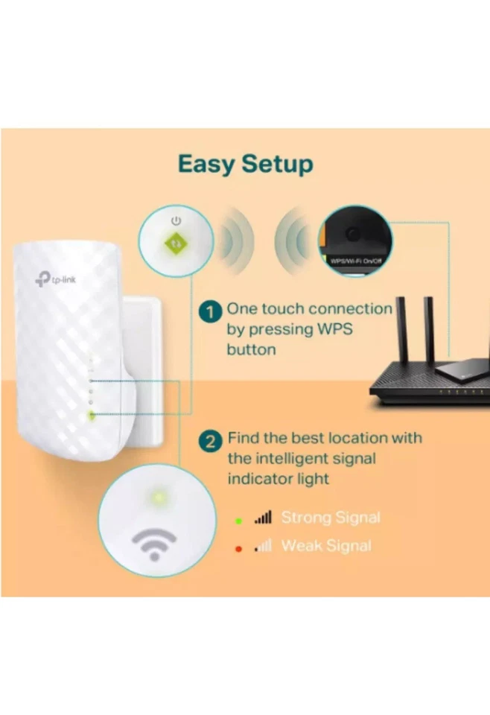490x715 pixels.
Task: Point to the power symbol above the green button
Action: pos(176,221)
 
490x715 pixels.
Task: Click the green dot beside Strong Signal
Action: pos(238,519)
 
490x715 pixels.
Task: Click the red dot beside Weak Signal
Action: pos(238,547)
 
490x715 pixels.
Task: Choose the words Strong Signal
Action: pos(331,518)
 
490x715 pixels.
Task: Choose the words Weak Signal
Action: pos(326,546)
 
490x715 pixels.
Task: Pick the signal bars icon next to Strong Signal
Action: pos(263,518)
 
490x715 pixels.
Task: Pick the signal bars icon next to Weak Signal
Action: pos(263,546)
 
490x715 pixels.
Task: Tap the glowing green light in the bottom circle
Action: pos(157,496)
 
